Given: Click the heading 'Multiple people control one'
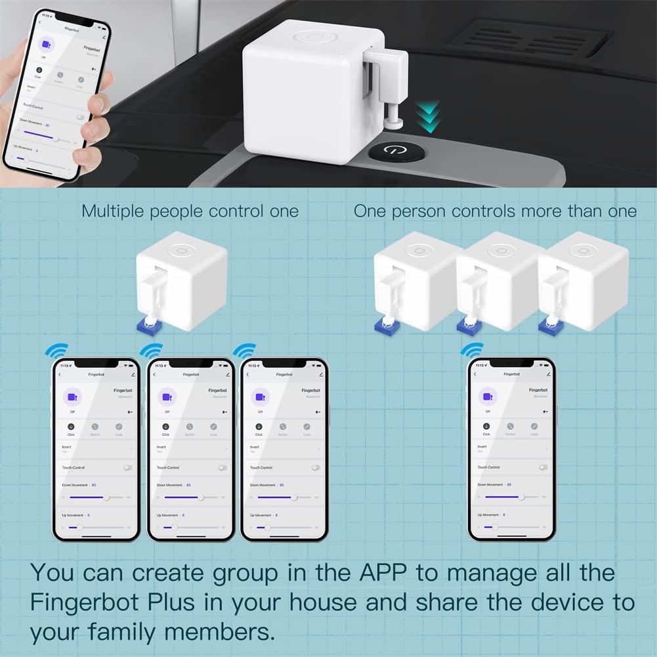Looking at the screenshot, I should tap(190, 211).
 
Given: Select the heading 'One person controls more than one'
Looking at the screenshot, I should tap(495, 211).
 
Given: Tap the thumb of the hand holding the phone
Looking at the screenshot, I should tap(98, 106).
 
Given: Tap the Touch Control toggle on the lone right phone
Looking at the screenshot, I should tap(543, 467).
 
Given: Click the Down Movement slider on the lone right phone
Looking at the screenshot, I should tap(513, 498).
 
